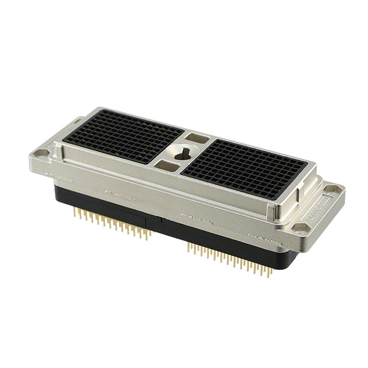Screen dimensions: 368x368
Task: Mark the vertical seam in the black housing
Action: tap(159, 222)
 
